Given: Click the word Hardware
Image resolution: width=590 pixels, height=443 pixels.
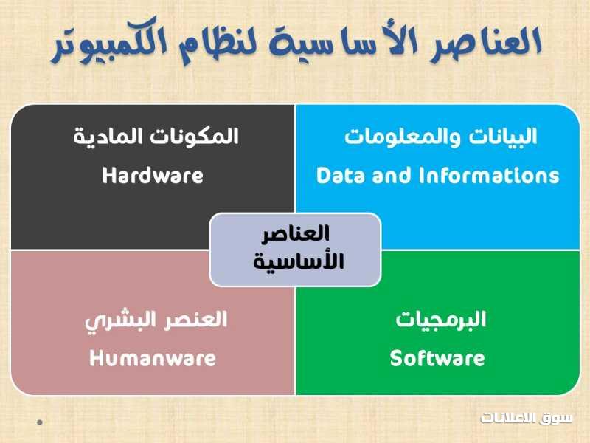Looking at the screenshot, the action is pyautogui.click(x=153, y=176).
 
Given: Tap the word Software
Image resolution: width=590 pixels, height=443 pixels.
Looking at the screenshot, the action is pyautogui.click(x=437, y=358).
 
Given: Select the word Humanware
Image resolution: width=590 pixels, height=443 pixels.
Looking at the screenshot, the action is pyautogui.click(x=153, y=358).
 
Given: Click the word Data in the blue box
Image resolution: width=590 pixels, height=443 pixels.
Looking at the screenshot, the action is pyautogui.click(x=341, y=176).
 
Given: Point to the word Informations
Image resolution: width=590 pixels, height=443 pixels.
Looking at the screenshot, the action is pyautogui.click(x=489, y=176).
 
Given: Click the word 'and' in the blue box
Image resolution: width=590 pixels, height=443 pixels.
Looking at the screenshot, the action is pyautogui.click(x=392, y=176).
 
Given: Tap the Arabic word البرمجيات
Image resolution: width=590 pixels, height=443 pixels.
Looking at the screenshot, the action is pyautogui.click(x=440, y=320).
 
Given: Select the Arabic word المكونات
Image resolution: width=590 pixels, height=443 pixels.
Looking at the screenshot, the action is pyautogui.click(x=195, y=137).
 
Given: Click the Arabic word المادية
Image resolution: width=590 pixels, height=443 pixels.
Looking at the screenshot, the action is pyautogui.click(x=108, y=137).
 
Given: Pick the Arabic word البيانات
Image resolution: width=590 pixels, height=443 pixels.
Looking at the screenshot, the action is pyautogui.click(x=503, y=137).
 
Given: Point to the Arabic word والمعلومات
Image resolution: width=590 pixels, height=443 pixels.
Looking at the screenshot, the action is pyautogui.click(x=402, y=137).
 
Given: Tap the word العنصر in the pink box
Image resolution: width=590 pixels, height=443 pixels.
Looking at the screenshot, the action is pyautogui.click(x=195, y=320).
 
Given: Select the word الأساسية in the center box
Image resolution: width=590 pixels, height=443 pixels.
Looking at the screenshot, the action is pyautogui.click(x=299, y=261).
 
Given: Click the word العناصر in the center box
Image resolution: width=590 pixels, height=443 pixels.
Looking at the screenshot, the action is pyautogui.click(x=296, y=233).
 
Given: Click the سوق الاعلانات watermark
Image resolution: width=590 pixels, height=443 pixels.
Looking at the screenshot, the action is pyautogui.click(x=527, y=418).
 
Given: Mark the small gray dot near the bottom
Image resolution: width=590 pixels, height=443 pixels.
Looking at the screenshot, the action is pyautogui.click(x=40, y=422).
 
